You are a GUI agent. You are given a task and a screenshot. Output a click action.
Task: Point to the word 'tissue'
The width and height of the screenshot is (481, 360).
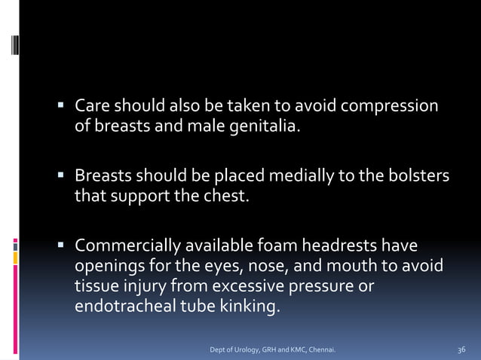coord(96,288)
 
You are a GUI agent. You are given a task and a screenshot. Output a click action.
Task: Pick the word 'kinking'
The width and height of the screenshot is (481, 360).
coord(247,308)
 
